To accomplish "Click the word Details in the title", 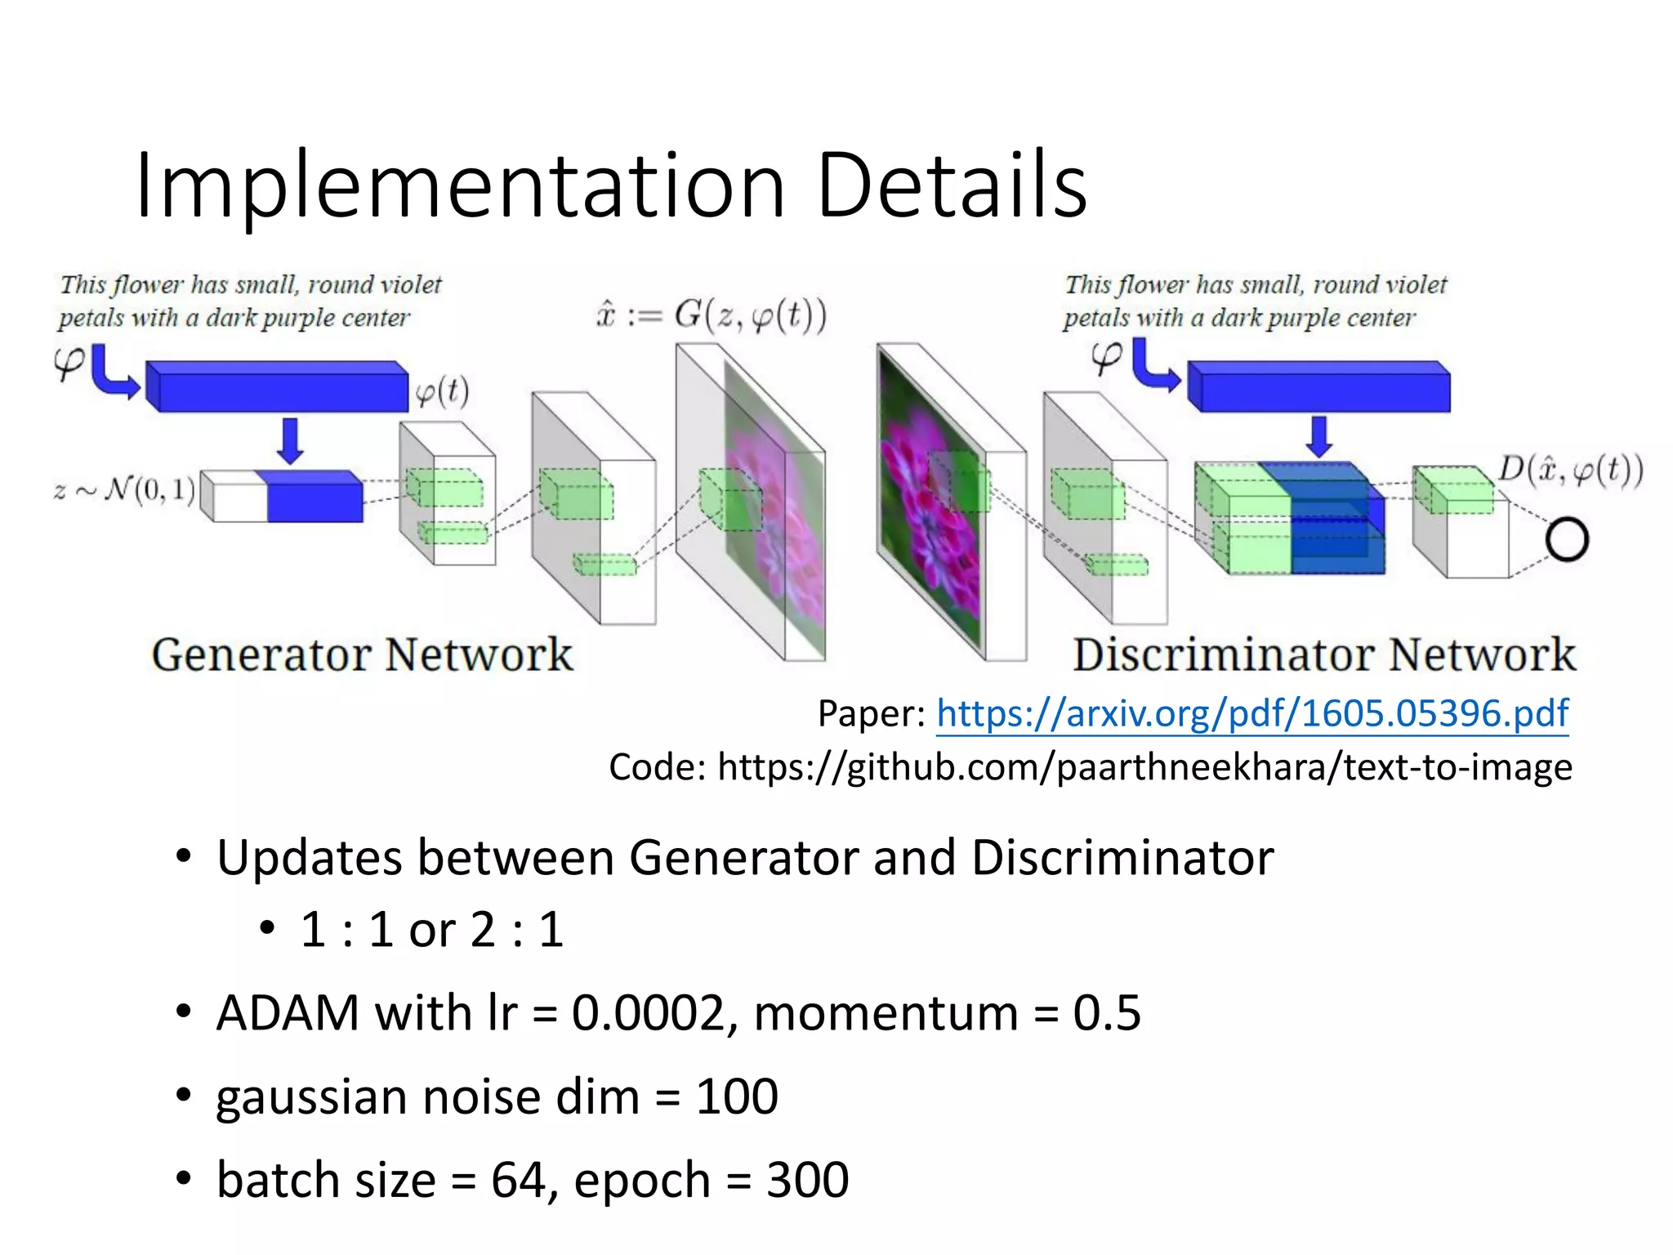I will [x=952, y=186].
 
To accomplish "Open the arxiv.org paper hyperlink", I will [x=1251, y=713].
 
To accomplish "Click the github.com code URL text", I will [x=1144, y=767].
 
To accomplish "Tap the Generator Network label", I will [x=362, y=654].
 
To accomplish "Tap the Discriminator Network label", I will [x=1323, y=654].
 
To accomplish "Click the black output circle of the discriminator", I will [x=1566, y=540].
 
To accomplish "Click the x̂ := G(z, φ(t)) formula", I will [x=712, y=315].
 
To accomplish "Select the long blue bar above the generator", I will [x=278, y=386].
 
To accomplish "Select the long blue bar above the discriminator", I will [x=1318, y=386].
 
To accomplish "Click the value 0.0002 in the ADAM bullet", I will [x=648, y=1013].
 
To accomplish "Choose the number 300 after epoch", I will [x=807, y=1180].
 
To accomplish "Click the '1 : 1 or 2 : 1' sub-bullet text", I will [x=431, y=930].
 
